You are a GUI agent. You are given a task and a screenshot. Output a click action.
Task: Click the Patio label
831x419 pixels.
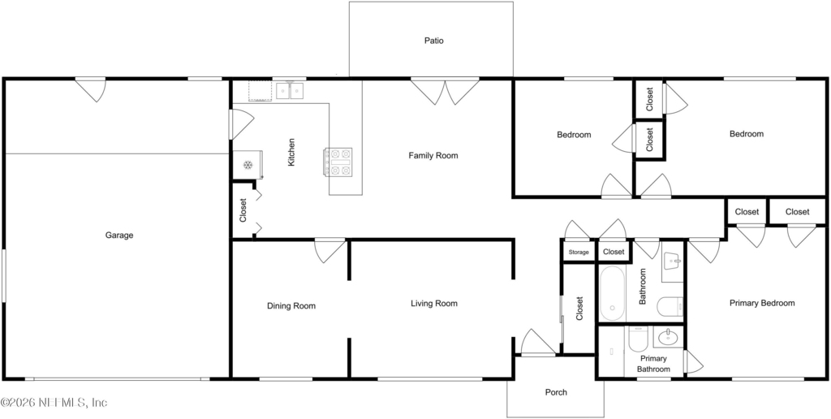[x=433, y=41]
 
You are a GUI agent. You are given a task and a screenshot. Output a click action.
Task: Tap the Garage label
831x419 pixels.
[x=118, y=235]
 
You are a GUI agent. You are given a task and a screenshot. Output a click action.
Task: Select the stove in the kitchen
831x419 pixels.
[x=338, y=162]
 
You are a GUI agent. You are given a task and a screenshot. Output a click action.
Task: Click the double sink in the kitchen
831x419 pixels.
[x=290, y=91]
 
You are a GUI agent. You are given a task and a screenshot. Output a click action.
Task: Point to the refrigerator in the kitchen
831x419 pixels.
[x=248, y=165]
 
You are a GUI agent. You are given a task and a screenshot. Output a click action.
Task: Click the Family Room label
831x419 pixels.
[x=433, y=156]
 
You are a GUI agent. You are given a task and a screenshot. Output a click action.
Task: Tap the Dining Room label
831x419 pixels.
[x=291, y=306]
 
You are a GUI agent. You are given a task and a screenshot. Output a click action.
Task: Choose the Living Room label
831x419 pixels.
[x=434, y=304]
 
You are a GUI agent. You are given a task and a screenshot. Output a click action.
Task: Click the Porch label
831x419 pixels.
[x=556, y=392]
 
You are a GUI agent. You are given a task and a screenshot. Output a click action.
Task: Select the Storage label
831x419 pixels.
[x=579, y=253]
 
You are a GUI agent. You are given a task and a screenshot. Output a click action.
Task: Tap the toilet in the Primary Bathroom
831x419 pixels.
[x=636, y=339]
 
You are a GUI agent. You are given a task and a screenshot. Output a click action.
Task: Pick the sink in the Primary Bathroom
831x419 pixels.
[x=668, y=336]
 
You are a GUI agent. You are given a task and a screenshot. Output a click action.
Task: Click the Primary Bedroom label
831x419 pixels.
[x=762, y=304]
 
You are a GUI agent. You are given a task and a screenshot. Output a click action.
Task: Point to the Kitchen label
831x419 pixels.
[x=291, y=153]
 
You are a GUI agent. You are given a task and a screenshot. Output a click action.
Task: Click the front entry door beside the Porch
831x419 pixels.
[x=538, y=342]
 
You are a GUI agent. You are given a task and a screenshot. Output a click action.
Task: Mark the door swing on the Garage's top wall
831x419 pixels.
[x=91, y=90]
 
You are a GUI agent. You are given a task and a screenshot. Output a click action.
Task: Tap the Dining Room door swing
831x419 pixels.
[x=329, y=251]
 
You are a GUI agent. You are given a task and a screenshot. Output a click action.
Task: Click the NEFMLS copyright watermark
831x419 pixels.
[x=54, y=403]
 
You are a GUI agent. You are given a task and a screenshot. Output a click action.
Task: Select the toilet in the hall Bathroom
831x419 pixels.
[x=670, y=308]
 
